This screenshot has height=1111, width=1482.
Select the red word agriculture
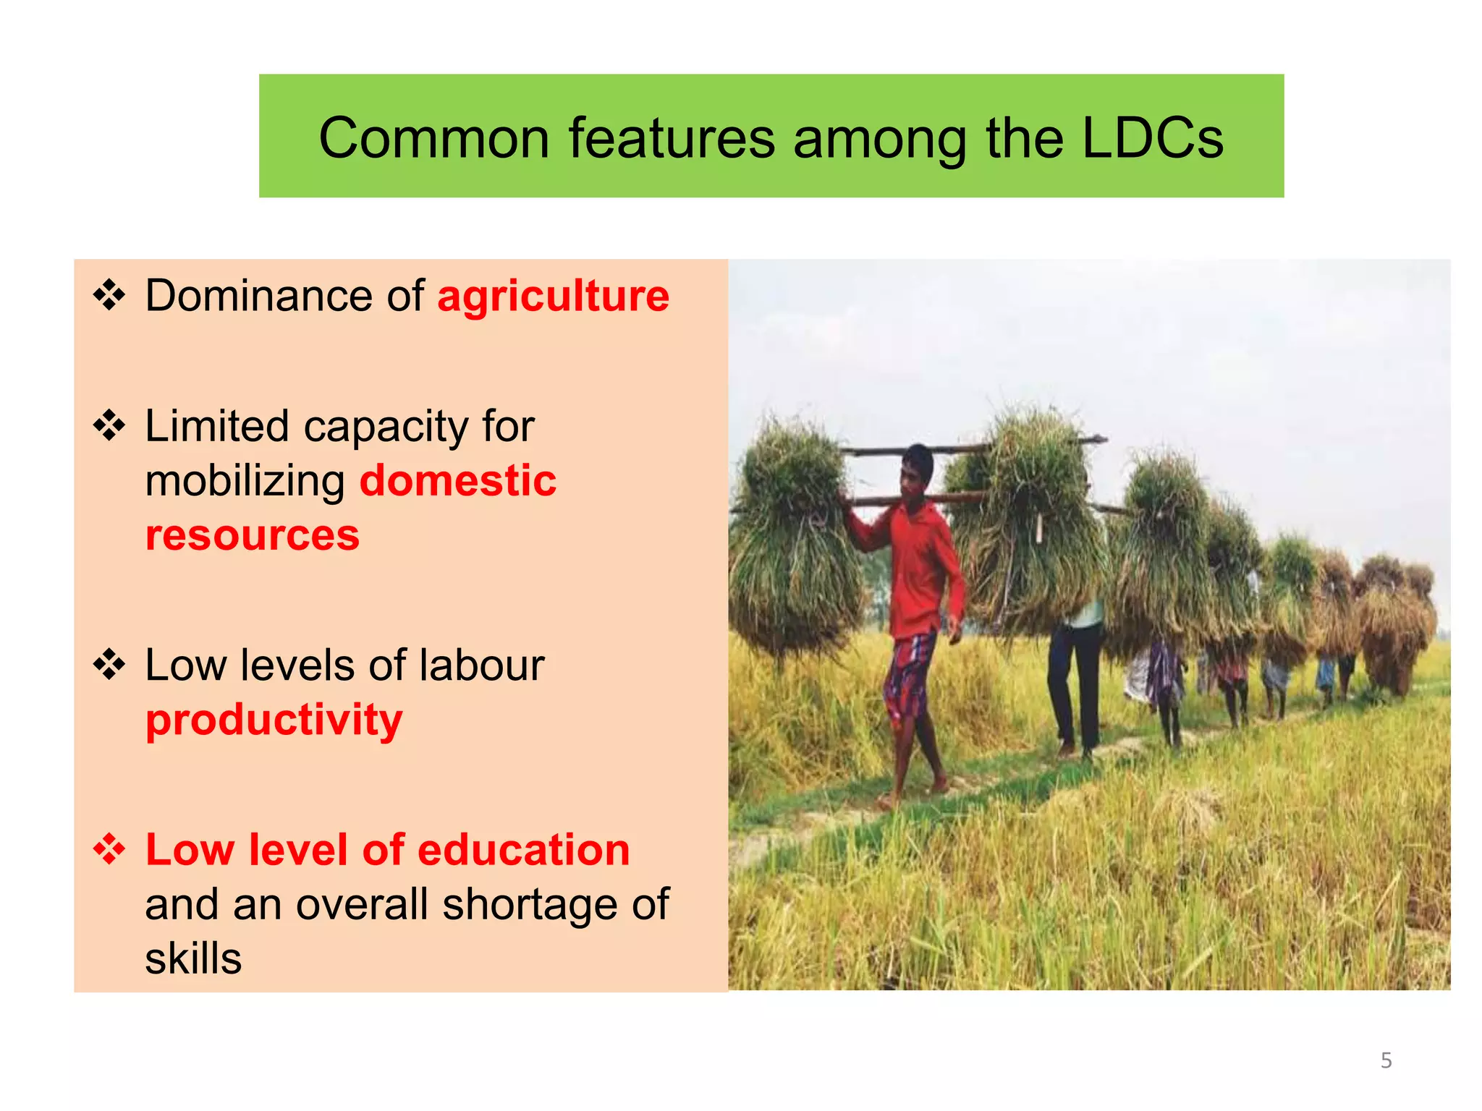(554, 297)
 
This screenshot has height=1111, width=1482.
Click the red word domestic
(458, 481)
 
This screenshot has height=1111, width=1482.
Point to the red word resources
(253, 535)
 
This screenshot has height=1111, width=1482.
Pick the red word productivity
(274, 720)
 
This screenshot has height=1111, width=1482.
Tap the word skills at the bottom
(193, 959)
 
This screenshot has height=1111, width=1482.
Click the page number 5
(1386, 1060)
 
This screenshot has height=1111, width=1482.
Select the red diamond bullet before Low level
(109, 848)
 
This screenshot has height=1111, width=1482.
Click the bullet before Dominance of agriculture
(109, 295)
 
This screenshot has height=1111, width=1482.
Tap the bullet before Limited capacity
(109, 425)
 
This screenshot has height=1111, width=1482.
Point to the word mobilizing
(245, 482)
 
